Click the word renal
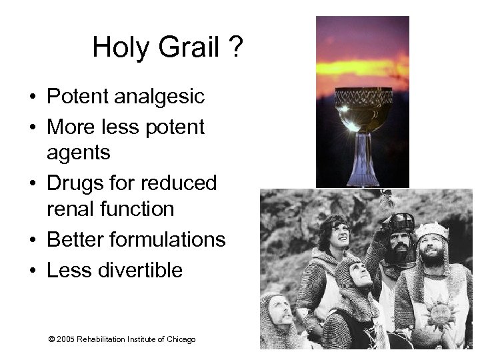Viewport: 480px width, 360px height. [73, 210]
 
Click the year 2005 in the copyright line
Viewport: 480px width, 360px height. [66, 340]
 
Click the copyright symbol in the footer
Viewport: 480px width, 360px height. [52, 340]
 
